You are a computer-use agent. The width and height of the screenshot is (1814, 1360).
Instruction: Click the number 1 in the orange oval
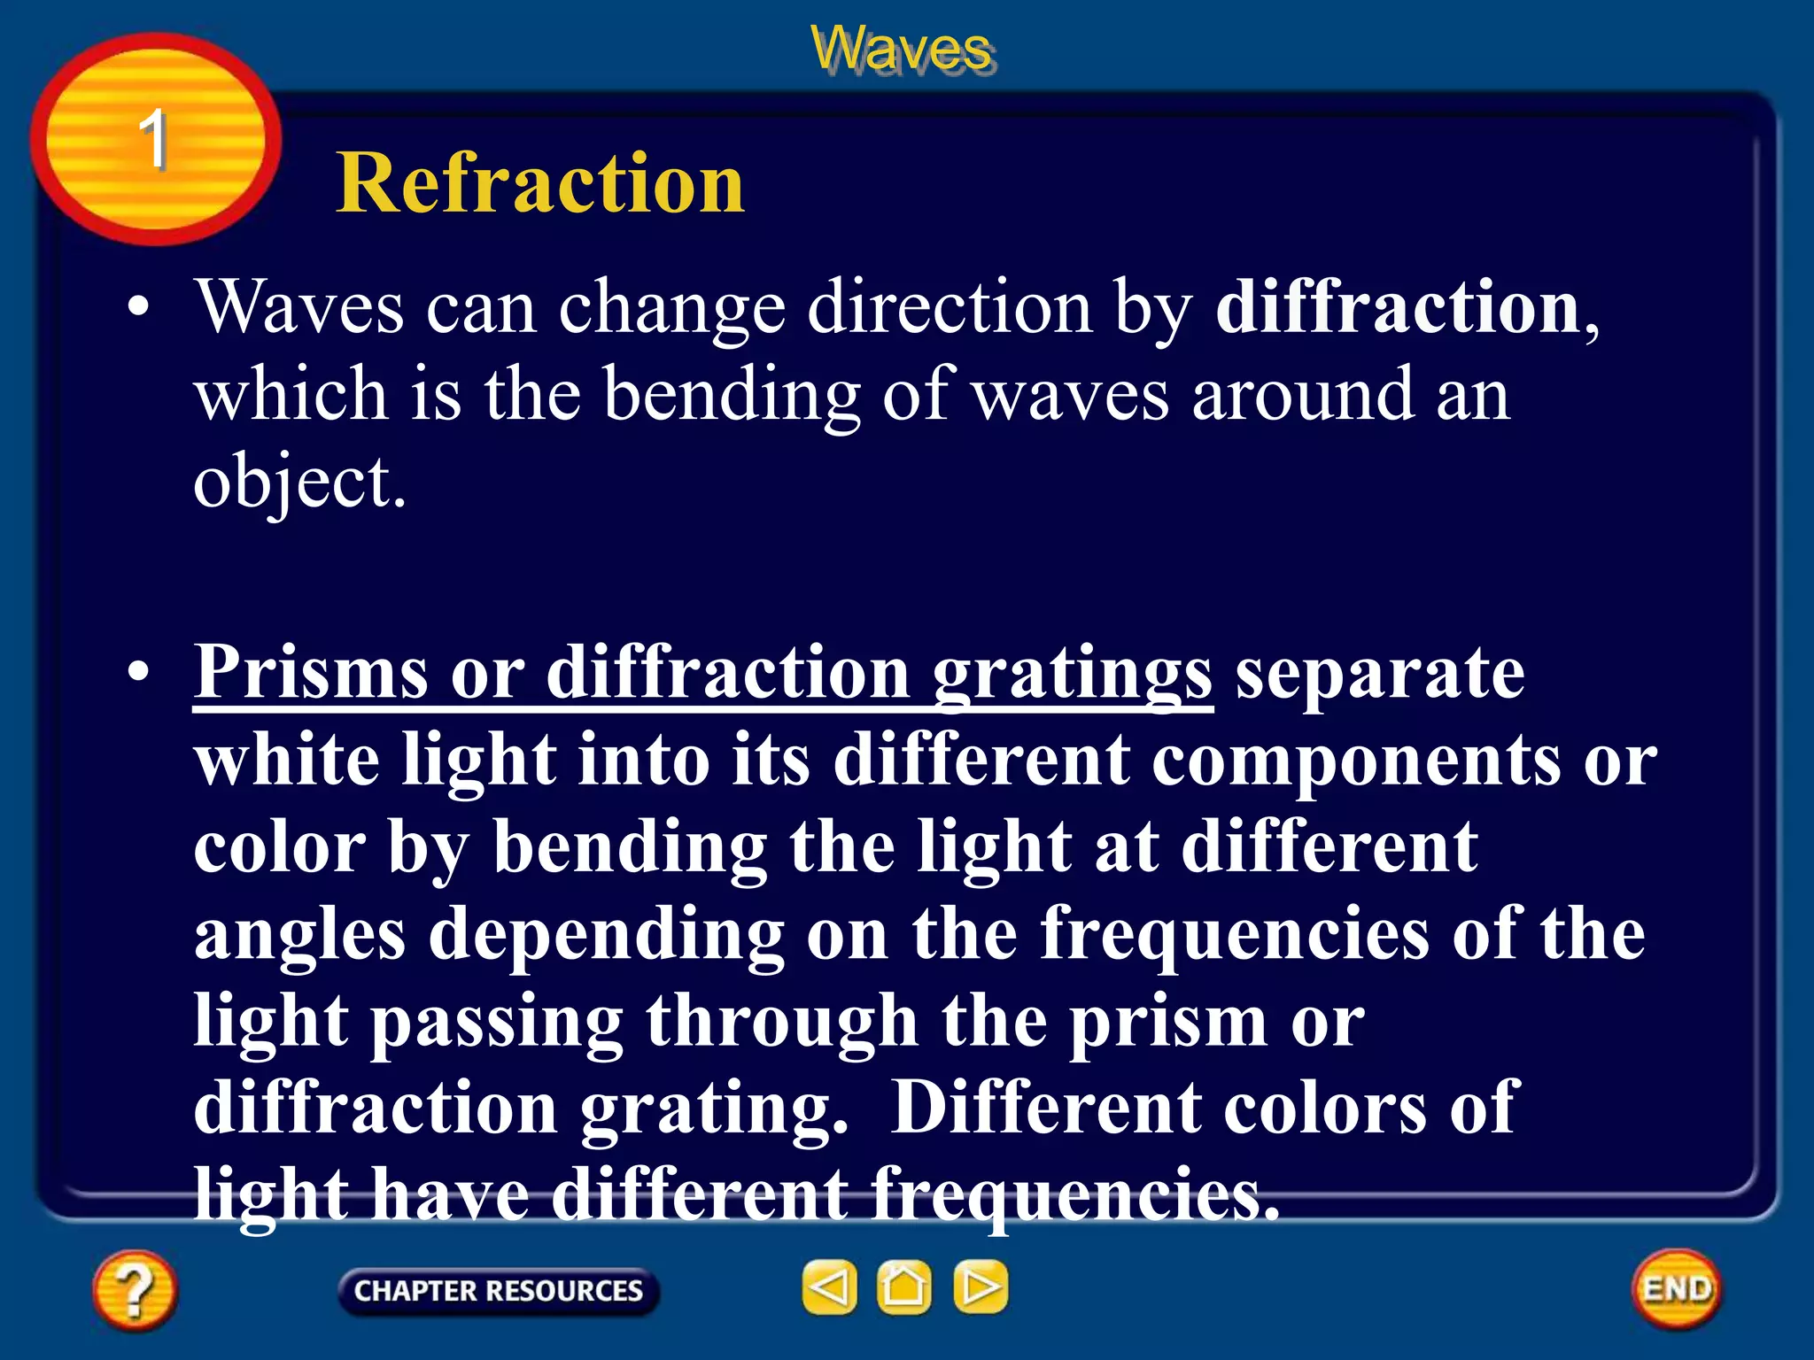[153, 139]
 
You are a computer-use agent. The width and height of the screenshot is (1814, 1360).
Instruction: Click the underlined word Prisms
[310, 673]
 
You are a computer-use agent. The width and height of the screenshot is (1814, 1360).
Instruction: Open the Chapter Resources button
[498, 1291]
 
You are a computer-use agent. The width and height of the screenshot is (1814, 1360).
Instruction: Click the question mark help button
[134, 1290]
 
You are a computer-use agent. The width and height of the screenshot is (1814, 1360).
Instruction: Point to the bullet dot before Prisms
[138, 673]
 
